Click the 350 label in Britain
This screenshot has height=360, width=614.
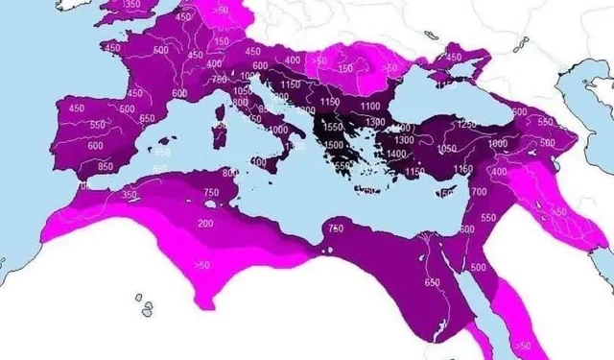click(x=131, y=5)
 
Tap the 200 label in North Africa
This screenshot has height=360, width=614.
click(x=205, y=223)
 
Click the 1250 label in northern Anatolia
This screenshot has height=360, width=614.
click(x=466, y=125)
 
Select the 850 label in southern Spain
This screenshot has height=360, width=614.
click(x=93, y=166)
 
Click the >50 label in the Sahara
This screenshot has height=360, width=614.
click(x=201, y=265)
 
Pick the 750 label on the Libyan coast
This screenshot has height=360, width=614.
click(x=336, y=228)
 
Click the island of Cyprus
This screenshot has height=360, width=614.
click(x=449, y=192)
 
